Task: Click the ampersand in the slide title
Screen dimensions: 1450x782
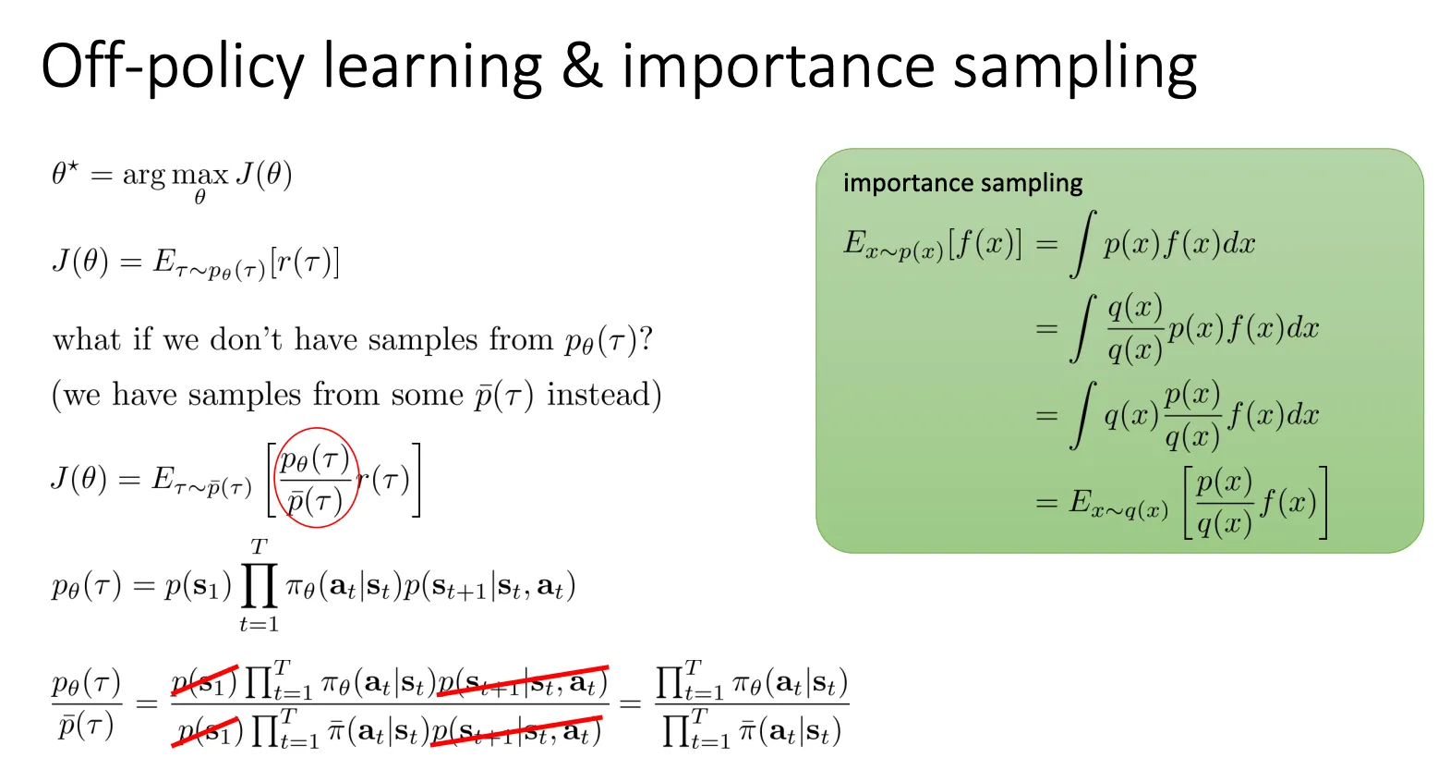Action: click(x=582, y=66)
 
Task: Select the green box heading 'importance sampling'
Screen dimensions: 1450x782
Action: click(x=962, y=183)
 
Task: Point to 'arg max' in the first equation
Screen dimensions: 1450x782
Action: click(x=175, y=176)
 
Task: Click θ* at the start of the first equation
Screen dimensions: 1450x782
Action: click(x=65, y=173)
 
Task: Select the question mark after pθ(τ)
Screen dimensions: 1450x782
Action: click(x=646, y=338)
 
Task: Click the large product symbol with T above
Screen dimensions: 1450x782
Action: click(x=259, y=586)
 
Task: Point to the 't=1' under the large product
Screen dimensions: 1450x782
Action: click(x=259, y=624)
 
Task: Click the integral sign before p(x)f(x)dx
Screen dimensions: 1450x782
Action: click(x=1083, y=244)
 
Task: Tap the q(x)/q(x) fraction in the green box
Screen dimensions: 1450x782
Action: click(x=1135, y=328)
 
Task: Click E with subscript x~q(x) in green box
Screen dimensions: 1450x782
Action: click(x=1118, y=504)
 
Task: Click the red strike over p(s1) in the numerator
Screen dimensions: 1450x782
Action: click(x=204, y=680)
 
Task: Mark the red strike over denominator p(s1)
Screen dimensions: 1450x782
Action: click(x=205, y=731)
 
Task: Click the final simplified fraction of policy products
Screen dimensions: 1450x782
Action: click(x=752, y=704)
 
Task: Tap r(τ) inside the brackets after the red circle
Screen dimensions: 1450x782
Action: click(x=384, y=480)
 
